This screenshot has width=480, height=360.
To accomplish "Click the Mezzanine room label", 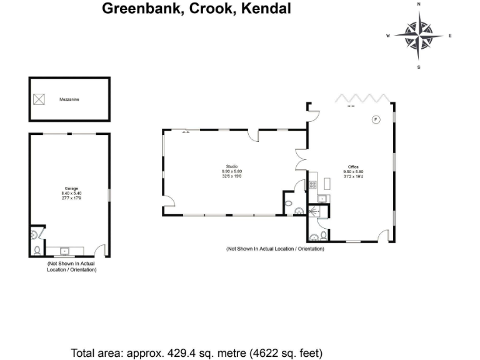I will [69, 99].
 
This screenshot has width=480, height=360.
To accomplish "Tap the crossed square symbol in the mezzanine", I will [39, 99].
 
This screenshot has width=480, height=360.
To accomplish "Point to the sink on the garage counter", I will [64, 251].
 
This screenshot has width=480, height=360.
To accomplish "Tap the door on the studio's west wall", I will [168, 201].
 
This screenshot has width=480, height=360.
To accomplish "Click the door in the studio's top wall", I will [254, 136].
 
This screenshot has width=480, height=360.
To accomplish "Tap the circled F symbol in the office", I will [376, 119].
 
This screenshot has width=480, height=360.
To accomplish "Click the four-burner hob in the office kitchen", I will [311, 184].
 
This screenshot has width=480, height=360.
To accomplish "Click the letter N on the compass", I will [419, 4].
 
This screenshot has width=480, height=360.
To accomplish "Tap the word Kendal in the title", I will [265, 9].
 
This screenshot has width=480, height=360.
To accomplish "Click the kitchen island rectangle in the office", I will [327, 183].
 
